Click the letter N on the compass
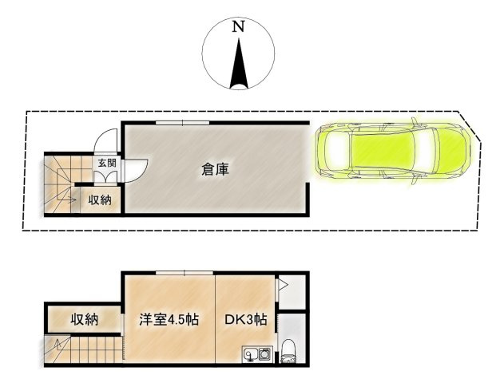pos(238,26)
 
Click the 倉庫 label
pos(216,169)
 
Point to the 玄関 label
pos(106,164)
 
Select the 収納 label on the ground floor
pos(100,199)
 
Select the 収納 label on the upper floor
pos(84,320)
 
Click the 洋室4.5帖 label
pos(169,320)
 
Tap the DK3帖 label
pos(246,320)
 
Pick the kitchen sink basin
pos(248,353)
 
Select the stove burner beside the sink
pos(264,353)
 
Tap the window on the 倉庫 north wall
pos(181,122)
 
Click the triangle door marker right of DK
pos(281,282)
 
